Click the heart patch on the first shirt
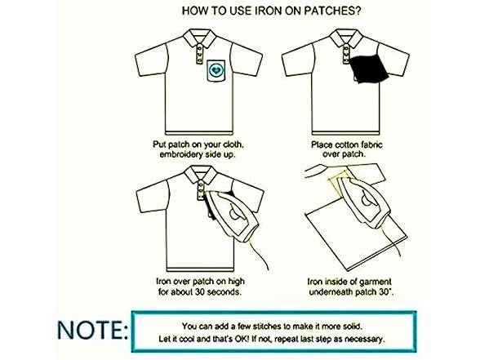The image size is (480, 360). pyautogui.click(x=216, y=70)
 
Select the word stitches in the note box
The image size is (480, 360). pyautogui.click(x=266, y=327)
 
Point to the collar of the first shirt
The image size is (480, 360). pyautogui.click(x=199, y=38)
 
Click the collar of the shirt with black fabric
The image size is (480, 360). pyautogui.click(x=346, y=38)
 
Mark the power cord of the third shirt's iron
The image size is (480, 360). pyautogui.click(x=259, y=255)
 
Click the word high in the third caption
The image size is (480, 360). pyautogui.click(x=236, y=282)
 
